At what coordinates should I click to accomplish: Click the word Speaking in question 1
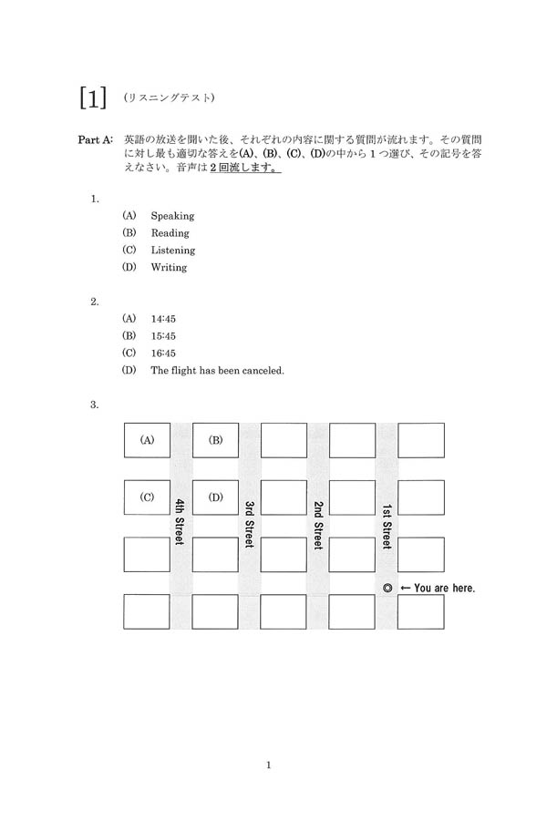(x=172, y=216)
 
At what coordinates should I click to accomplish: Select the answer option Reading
(x=170, y=233)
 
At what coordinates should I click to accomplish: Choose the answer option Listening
(x=173, y=251)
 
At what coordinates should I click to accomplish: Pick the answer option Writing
(x=169, y=268)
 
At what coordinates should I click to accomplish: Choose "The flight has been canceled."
(x=218, y=371)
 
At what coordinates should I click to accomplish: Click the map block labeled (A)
(x=147, y=440)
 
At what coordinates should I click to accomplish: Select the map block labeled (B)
(x=215, y=440)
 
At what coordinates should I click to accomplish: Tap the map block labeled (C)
(x=147, y=497)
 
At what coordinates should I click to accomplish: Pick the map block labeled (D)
(x=215, y=497)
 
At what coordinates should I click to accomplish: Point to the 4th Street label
(x=181, y=522)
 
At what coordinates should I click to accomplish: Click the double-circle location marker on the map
(x=387, y=589)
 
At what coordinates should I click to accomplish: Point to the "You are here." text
(x=444, y=589)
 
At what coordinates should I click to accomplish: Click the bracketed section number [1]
(x=94, y=98)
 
